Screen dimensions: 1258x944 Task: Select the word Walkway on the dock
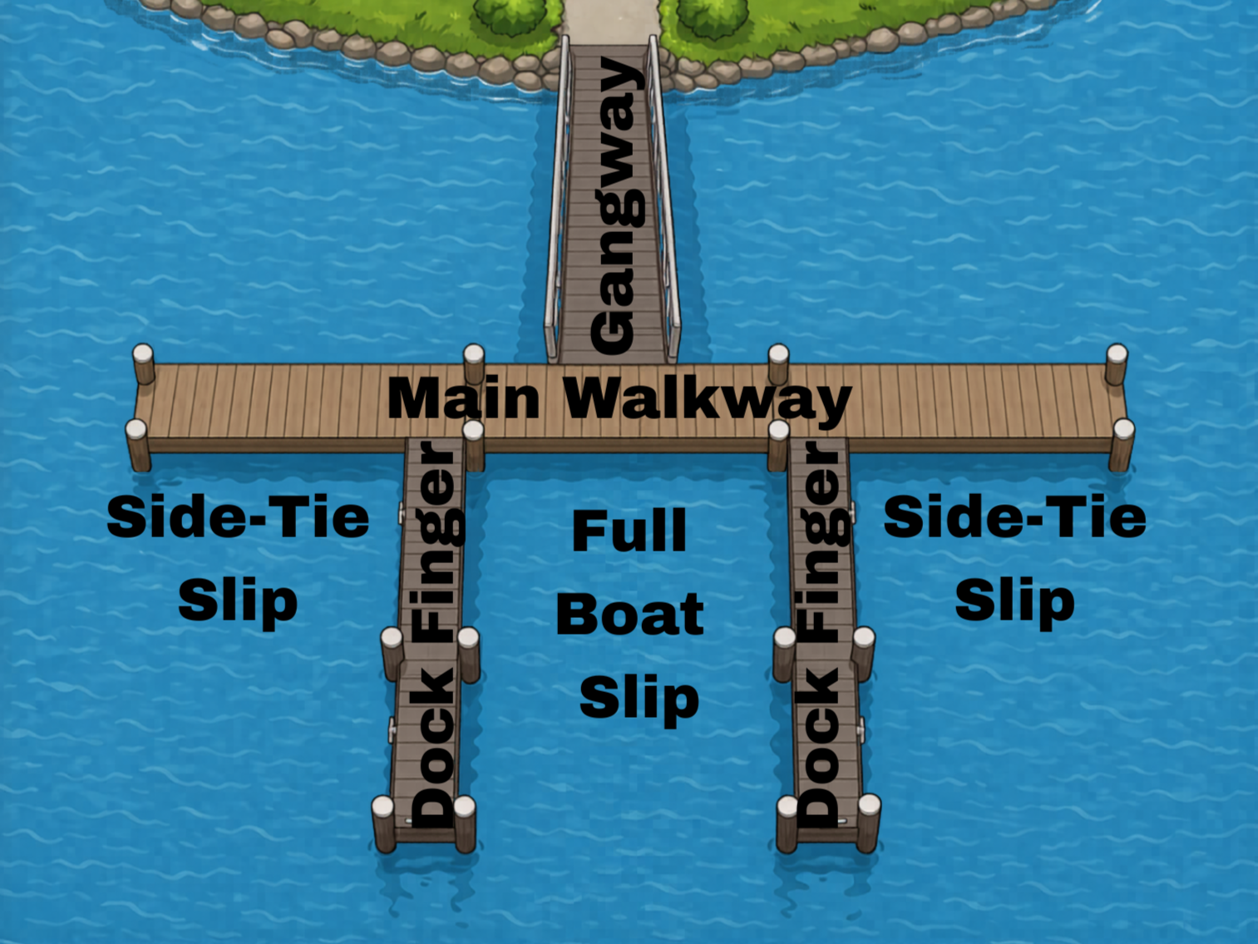pyautogui.click(x=708, y=400)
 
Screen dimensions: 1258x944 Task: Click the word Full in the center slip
pyautogui.click(x=629, y=531)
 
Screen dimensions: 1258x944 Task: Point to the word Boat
pyautogui.click(x=629, y=615)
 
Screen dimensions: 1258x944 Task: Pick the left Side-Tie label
pyautogui.click(x=238, y=516)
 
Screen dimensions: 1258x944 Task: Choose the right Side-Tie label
pyautogui.click(x=1014, y=516)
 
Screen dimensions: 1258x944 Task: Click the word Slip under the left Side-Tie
pyautogui.click(x=238, y=601)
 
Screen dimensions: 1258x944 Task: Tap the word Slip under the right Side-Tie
pyautogui.click(x=1014, y=601)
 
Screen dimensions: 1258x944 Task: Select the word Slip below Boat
pyautogui.click(x=639, y=699)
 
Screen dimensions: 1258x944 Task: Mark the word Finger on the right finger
pyautogui.click(x=822, y=541)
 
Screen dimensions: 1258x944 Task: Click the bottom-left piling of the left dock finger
pyautogui.click(x=383, y=823)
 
